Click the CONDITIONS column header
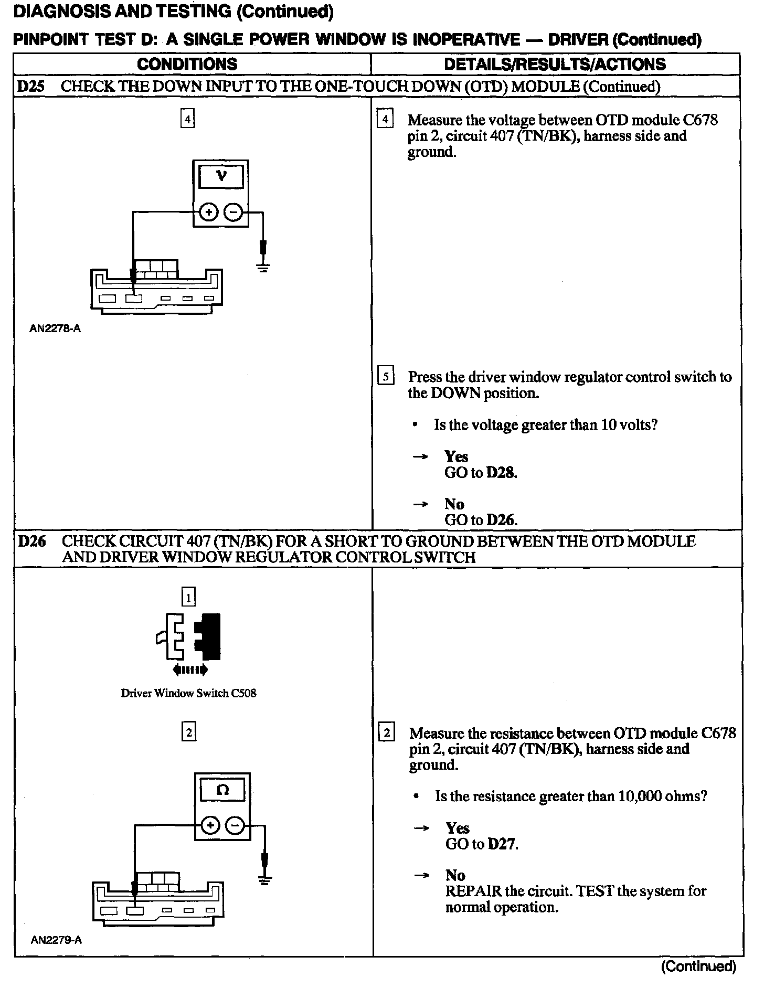click(x=187, y=64)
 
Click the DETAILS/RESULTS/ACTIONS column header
click(x=555, y=64)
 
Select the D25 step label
click(x=30, y=87)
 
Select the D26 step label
click(x=31, y=541)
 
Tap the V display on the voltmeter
click(x=221, y=177)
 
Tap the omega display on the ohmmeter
click(x=222, y=790)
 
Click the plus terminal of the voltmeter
click(x=209, y=212)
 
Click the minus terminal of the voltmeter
click(x=234, y=212)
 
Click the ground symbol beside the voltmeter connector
click(x=263, y=268)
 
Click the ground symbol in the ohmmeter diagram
click(x=264, y=880)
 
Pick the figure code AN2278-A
click(x=55, y=330)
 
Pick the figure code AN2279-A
click(x=56, y=940)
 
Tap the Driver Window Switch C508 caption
click(x=188, y=693)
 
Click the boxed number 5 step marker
click(x=386, y=377)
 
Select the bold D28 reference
click(x=502, y=473)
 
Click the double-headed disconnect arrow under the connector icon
click(x=189, y=669)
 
